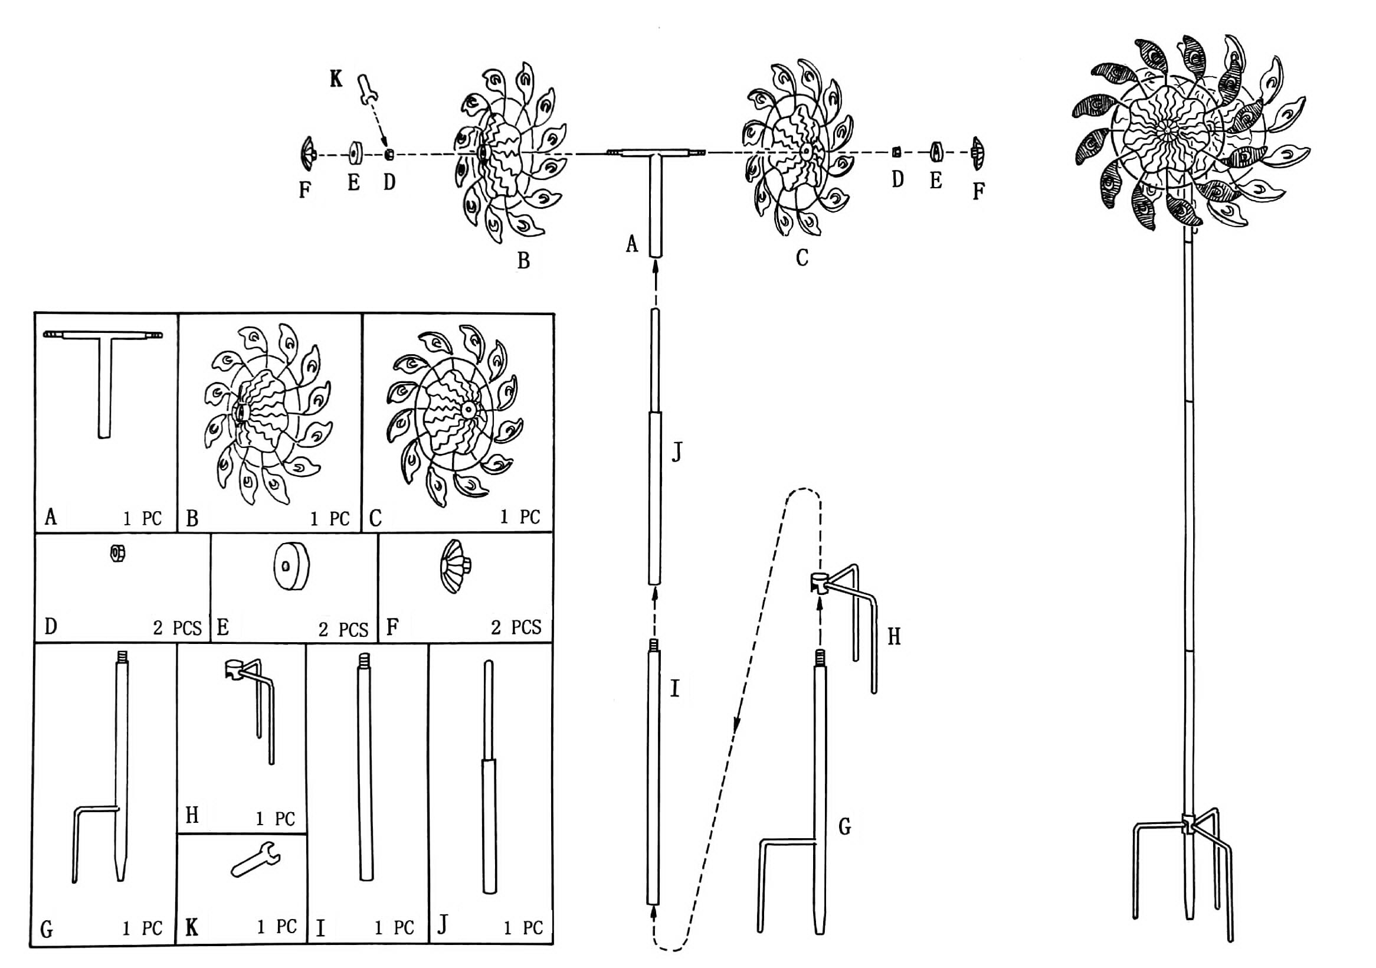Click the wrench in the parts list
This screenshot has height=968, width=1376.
(256, 861)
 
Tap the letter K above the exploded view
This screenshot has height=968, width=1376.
(336, 79)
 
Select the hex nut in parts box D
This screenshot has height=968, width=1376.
(117, 553)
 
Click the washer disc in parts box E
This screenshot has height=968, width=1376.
(292, 566)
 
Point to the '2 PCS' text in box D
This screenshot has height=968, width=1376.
(178, 628)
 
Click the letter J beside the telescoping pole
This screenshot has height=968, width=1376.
(677, 453)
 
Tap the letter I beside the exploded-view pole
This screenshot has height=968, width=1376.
(675, 689)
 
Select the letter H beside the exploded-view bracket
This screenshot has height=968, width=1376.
(894, 636)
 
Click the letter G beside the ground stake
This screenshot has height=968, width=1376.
(844, 827)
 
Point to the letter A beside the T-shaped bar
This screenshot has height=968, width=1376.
(632, 244)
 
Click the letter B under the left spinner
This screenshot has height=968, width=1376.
(523, 261)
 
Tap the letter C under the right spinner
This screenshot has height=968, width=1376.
(802, 258)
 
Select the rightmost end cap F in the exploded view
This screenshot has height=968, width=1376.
(978, 153)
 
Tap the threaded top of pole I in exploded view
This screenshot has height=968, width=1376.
(654, 646)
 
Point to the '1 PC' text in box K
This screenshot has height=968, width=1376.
(277, 927)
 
